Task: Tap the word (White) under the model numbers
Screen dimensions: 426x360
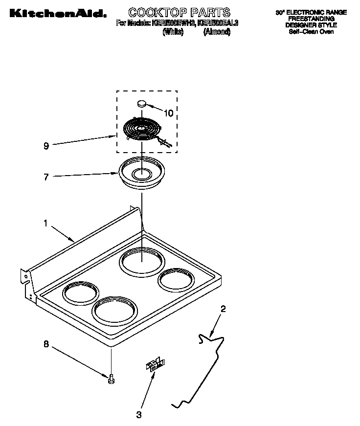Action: (x=173, y=32)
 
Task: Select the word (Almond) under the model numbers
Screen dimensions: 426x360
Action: (x=216, y=32)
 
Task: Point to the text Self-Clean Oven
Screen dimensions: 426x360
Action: (x=311, y=31)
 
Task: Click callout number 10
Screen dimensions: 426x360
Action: (x=168, y=113)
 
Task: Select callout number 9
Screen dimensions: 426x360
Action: (x=46, y=146)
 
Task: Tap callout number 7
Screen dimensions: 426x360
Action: (x=46, y=177)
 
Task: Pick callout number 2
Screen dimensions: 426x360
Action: (x=223, y=309)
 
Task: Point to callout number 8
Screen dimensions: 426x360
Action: (x=46, y=344)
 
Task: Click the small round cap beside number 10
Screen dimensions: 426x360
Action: (x=141, y=103)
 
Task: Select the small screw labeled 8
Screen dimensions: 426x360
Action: (x=112, y=378)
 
